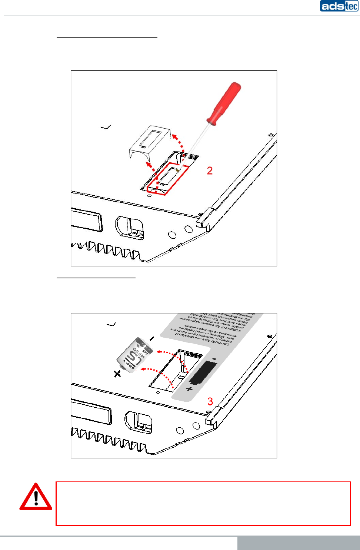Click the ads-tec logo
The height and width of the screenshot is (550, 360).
pos(339,6)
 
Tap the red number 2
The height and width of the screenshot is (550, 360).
pos(210,170)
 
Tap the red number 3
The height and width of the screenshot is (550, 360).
pos(210,401)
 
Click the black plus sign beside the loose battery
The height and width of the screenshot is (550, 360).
pos(117,374)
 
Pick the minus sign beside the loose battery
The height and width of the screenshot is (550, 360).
pos(151,338)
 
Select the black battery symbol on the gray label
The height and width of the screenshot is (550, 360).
pos(203,372)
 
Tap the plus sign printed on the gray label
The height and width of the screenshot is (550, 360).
pos(189,389)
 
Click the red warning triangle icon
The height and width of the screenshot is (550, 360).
pos(36,497)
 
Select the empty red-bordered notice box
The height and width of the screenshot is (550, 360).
pos(203,503)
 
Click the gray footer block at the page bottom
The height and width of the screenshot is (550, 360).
pos(299,543)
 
